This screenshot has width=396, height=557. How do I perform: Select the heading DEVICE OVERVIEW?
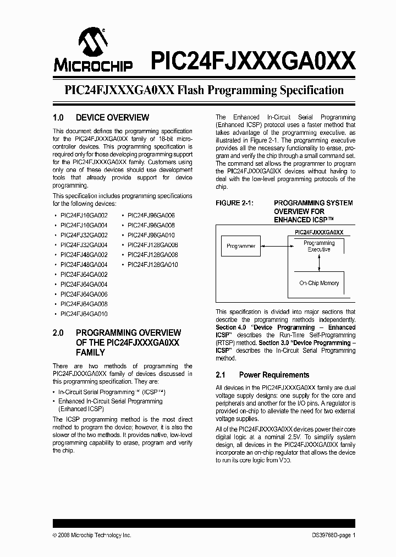112,117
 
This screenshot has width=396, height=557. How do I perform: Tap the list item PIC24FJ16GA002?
84,216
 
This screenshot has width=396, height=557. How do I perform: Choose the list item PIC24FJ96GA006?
151,216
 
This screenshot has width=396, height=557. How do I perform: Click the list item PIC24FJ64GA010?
84,314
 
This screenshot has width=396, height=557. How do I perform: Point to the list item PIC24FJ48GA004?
84,265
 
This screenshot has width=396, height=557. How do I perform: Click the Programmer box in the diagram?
241,246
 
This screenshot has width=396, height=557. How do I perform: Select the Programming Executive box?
319,246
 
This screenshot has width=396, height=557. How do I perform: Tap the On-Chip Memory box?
319,283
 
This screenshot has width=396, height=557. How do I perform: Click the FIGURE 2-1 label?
234,203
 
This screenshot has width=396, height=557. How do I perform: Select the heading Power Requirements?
274,375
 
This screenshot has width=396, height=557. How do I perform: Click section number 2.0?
58,332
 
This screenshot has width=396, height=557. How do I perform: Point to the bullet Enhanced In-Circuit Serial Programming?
110,401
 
